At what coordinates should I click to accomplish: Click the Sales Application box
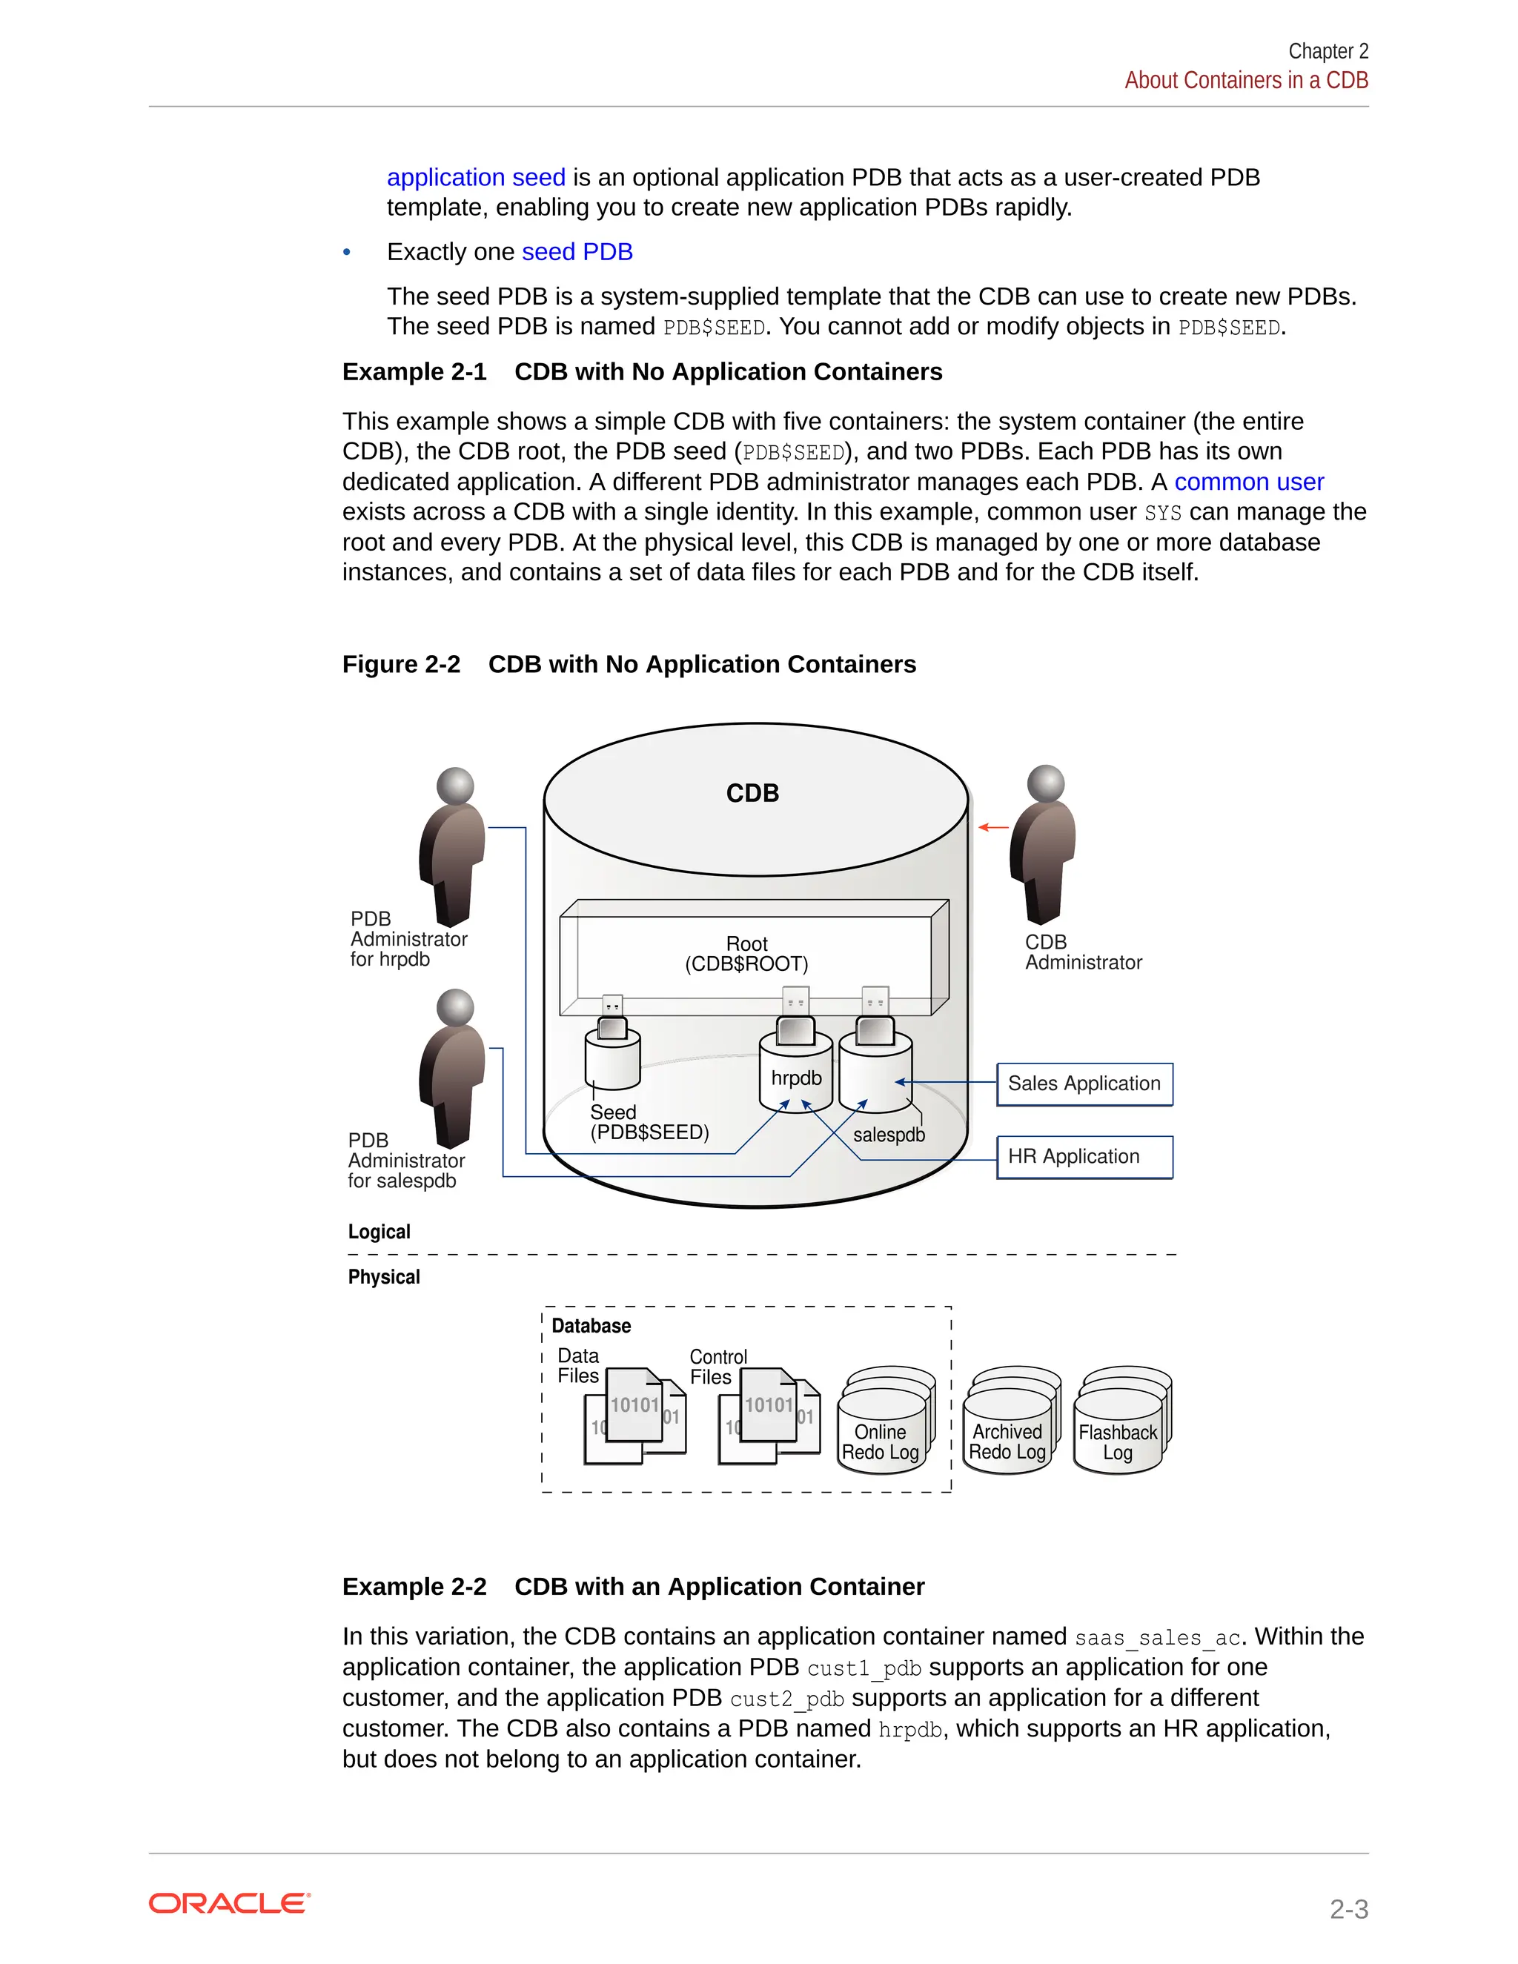click(x=1084, y=1084)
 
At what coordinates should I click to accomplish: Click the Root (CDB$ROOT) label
click(x=746, y=954)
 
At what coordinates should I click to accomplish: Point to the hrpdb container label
click(x=796, y=1078)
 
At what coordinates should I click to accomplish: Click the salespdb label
click(x=889, y=1135)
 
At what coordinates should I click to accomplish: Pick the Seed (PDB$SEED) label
click(x=649, y=1122)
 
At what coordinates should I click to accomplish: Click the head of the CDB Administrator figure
click(x=1046, y=783)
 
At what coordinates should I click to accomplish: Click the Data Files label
click(x=577, y=1365)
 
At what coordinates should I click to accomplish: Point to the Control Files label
click(x=717, y=1366)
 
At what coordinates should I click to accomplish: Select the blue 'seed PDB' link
click(x=577, y=252)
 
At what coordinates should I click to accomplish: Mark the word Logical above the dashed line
click(x=379, y=1232)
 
